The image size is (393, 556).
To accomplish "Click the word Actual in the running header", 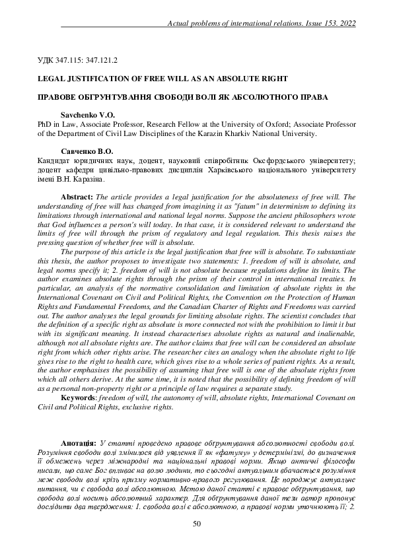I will click(x=180, y=23).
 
